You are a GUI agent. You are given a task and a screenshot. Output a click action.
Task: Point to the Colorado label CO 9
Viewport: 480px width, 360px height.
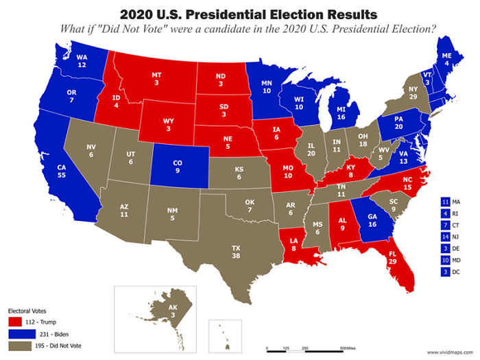point(178,167)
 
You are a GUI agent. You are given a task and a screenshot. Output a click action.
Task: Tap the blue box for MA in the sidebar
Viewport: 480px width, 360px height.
point(445,202)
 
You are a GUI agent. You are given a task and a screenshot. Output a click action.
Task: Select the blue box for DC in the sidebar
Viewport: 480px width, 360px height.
point(445,272)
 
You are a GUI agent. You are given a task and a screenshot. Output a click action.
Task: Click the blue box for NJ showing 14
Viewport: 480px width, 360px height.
point(445,237)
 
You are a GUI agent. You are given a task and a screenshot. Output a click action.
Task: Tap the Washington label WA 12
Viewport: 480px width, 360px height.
point(82,61)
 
